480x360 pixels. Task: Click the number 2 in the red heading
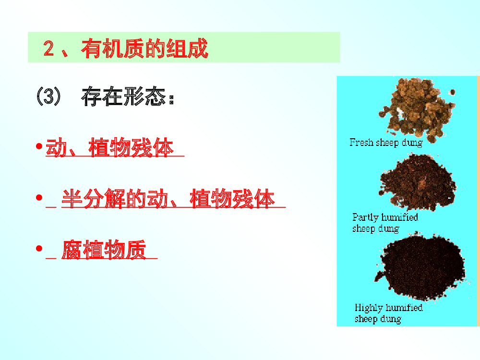point(48,48)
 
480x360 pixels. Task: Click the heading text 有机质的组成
point(144,48)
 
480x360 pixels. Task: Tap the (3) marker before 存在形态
point(48,96)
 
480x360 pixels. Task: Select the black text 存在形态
point(124,96)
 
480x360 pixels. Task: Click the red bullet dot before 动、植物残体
point(39,146)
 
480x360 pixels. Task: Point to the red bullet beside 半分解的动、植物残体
point(39,197)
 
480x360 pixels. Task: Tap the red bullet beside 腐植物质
point(39,248)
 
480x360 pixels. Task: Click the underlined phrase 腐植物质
point(104,250)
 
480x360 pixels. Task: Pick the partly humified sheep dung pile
point(418,182)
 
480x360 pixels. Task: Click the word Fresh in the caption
point(361,143)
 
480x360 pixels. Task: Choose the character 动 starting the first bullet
point(56,147)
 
